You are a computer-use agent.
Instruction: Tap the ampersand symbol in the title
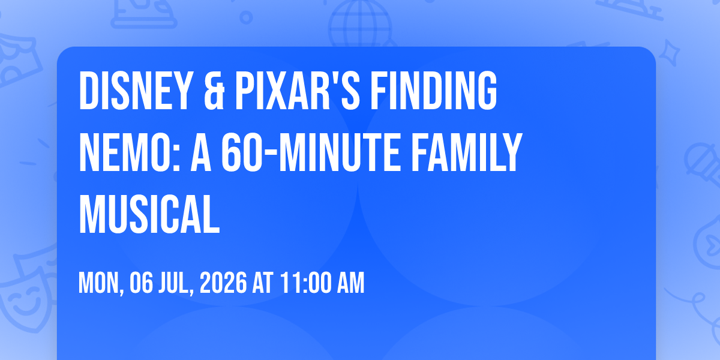[214, 91]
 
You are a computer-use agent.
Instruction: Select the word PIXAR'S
[298, 91]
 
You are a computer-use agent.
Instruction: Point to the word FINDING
[434, 91]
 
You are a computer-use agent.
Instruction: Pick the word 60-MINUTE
[311, 152]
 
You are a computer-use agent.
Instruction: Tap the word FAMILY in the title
[467, 152]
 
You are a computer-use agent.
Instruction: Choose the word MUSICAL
[149, 214]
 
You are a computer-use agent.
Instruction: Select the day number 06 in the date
[141, 283]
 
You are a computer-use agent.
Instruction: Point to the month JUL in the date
[176, 283]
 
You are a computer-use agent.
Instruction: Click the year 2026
[223, 283]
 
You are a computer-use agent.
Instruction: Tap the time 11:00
[305, 283]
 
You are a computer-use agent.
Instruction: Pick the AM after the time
[350, 283]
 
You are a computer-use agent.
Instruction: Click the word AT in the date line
[263, 283]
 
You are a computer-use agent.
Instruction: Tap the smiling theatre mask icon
[26, 298]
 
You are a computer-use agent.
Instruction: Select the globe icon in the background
[360, 24]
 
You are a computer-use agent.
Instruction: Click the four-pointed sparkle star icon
[670, 53]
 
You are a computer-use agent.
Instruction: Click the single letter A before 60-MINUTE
[201, 152]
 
